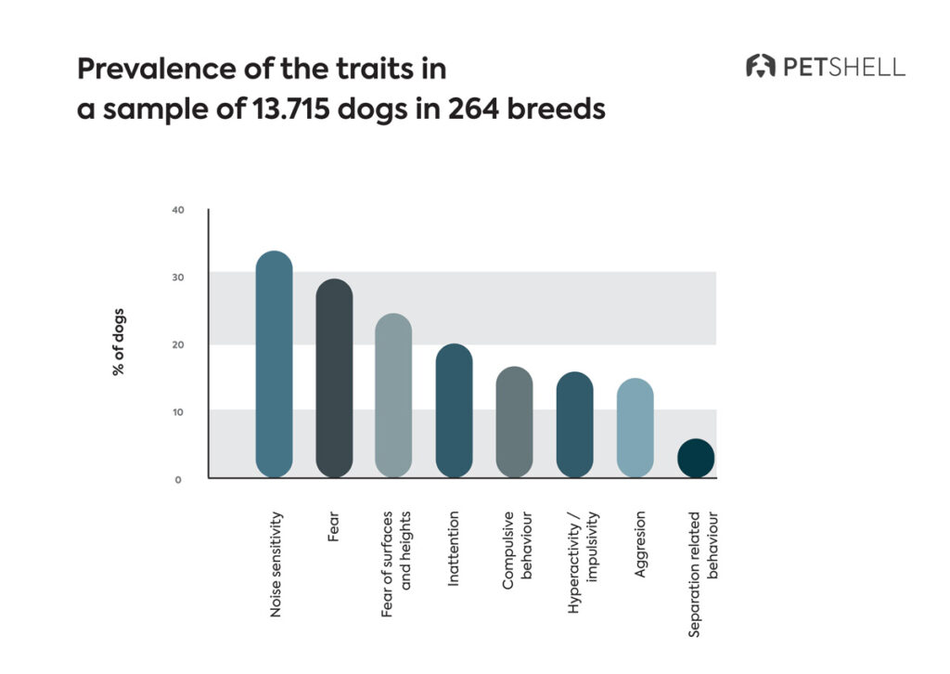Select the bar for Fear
point(334,378)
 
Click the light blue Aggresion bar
point(635,428)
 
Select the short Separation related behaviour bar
point(696,458)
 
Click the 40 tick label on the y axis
point(178,210)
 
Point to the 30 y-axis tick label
point(178,278)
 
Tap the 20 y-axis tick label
point(178,344)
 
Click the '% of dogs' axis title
point(119,341)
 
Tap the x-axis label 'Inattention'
point(454,544)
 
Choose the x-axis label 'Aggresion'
point(640,544)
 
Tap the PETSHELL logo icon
point(761,66)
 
